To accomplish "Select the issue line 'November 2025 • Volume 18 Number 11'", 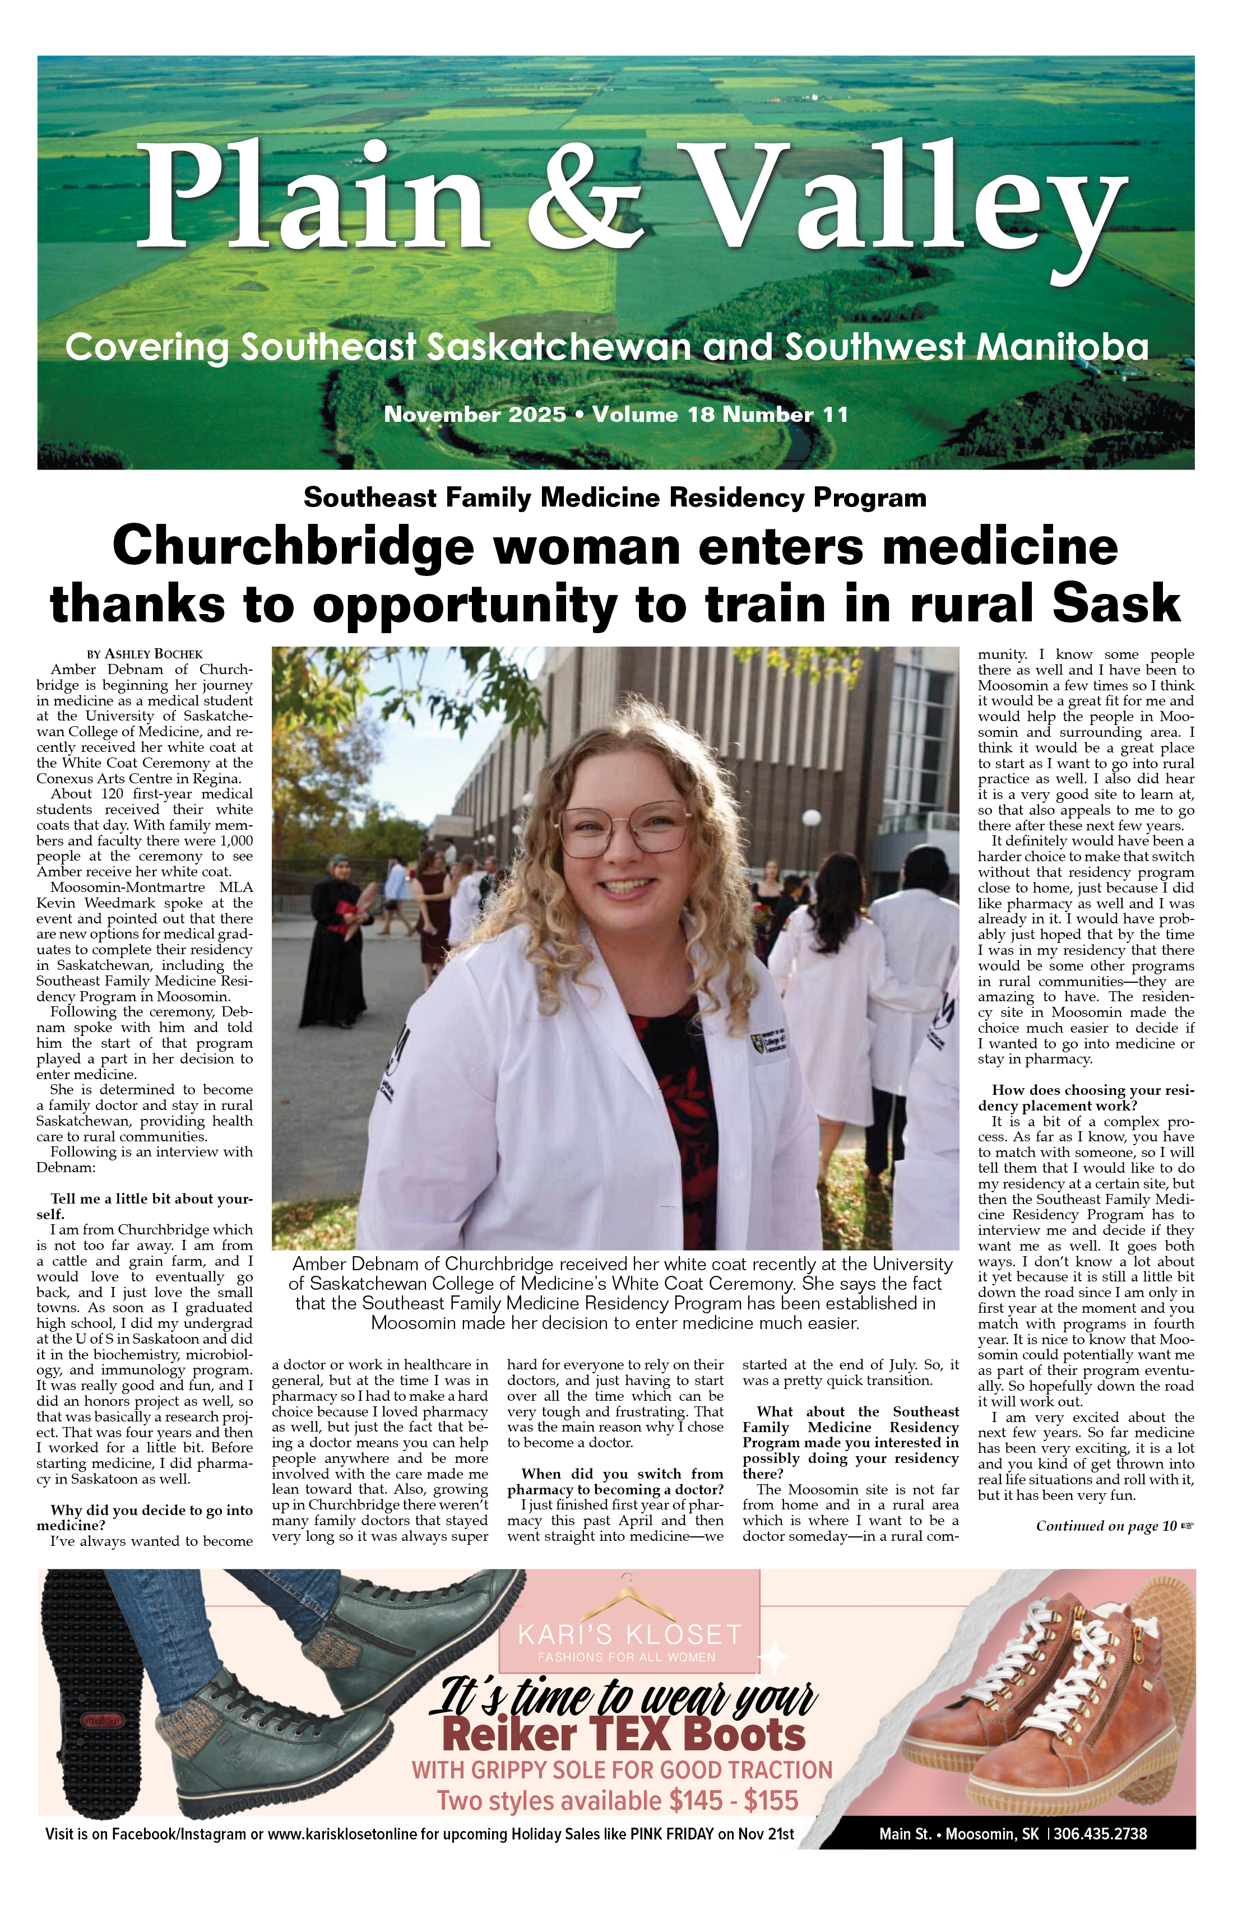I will click(x=616, y=415).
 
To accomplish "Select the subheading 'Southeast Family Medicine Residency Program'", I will click(x=615, y=498).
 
